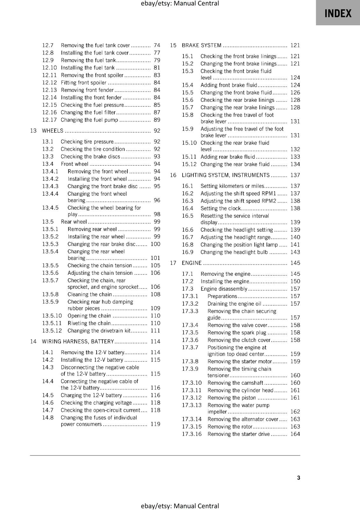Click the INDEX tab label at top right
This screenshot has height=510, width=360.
(338, 13)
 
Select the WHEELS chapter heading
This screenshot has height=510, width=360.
(53, 131)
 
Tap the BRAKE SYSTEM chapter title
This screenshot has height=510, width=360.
(201, 45)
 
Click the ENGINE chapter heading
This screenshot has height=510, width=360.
(191, 263)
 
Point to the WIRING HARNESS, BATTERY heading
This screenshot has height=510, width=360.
(78, 341)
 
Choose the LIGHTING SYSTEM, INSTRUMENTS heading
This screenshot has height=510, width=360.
(226, 175)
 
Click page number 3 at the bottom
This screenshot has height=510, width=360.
(299, 477)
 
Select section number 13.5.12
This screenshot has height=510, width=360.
(52, 331)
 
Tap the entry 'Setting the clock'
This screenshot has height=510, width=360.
(220, 208)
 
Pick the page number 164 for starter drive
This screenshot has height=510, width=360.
(295, 434)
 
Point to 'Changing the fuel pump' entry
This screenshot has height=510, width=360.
(89, 120)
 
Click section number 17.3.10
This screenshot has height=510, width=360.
(192, 383)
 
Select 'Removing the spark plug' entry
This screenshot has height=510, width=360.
(237, 332)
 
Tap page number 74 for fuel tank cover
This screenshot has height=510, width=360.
(157, 45)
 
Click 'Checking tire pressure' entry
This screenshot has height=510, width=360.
(87, 142)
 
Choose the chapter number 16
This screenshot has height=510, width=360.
(173, 175)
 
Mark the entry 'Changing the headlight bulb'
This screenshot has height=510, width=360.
(234, 252)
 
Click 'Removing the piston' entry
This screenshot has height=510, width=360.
(232, 398)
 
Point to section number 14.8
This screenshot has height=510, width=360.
(48, 418)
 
